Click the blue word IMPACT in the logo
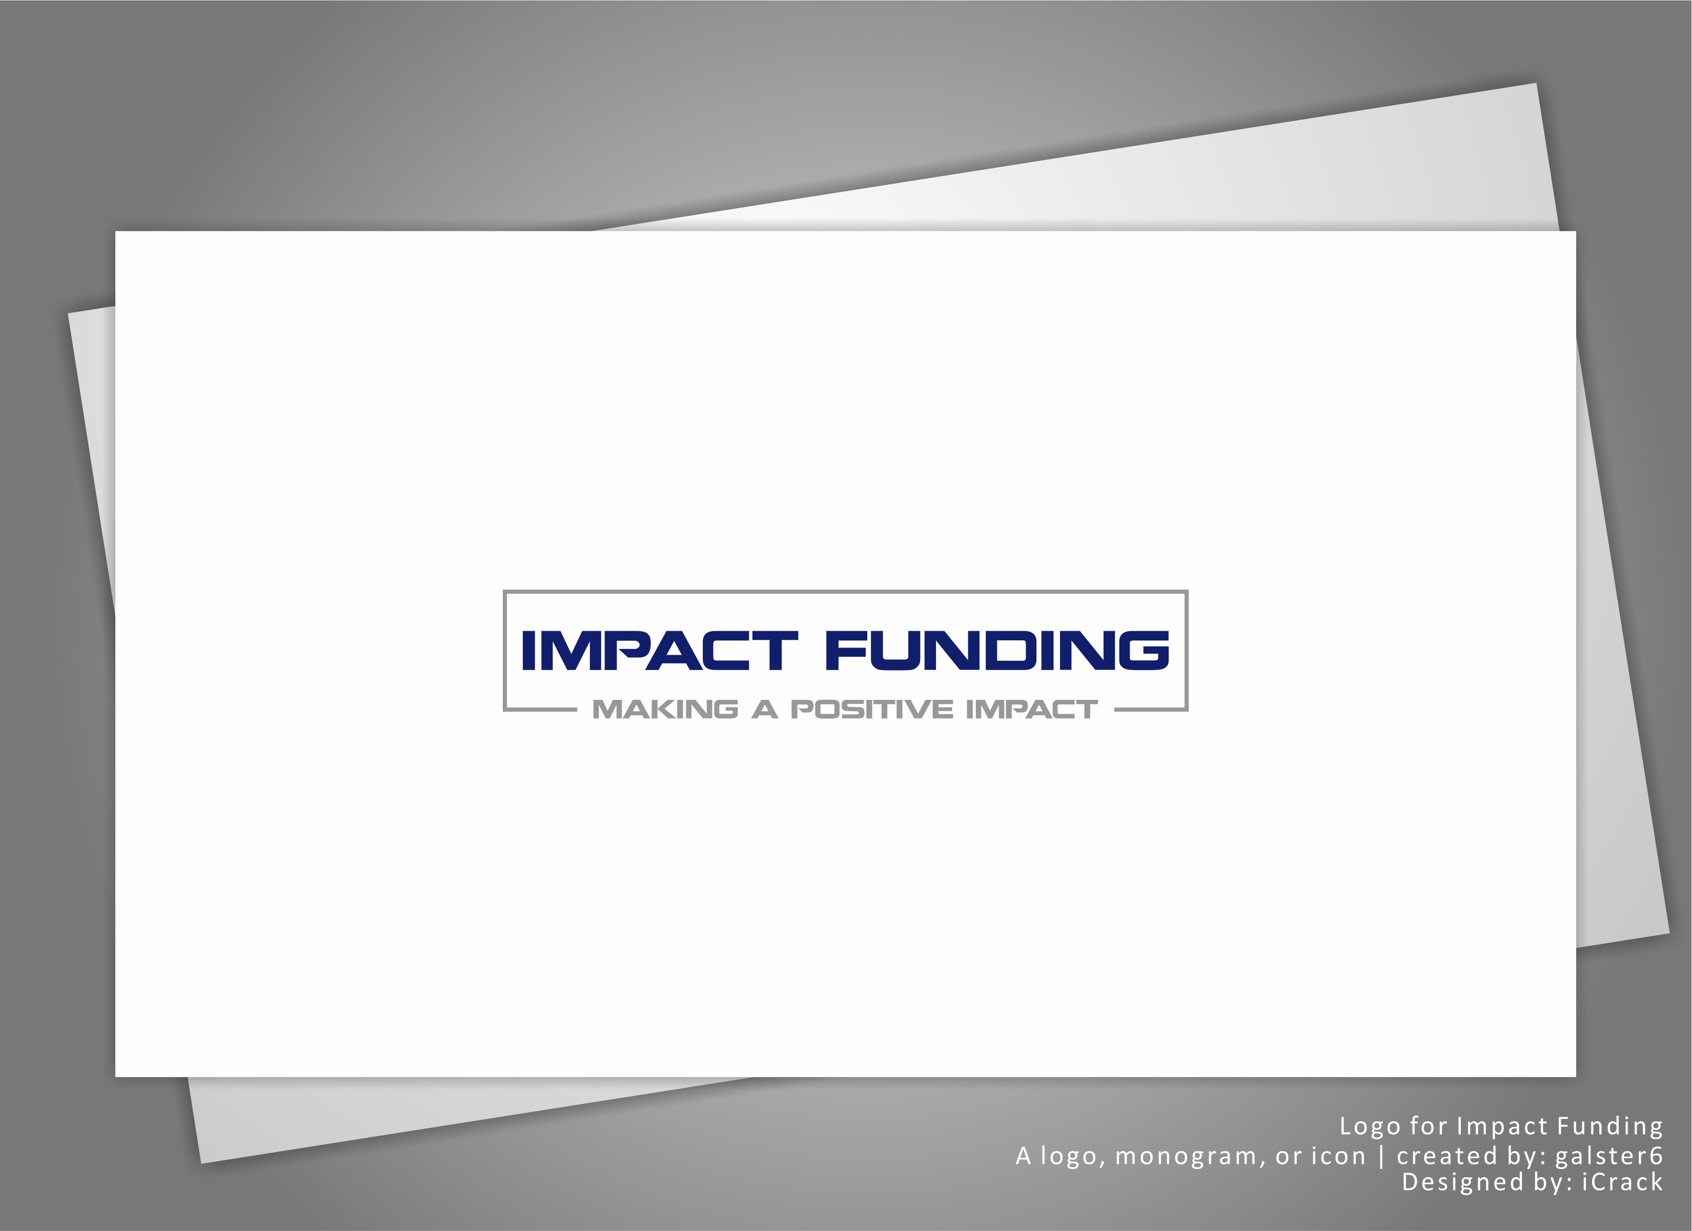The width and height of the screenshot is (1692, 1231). click(x=660, y=651)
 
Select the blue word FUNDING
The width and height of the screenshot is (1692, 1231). click(x=997, y=651)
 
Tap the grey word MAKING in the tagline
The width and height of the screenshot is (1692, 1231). click(x=665, y=710)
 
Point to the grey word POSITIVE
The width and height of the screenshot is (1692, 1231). click(x=871, y=710)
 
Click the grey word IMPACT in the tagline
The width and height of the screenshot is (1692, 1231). click(x=1032, y=710)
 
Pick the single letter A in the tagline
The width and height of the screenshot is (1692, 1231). click(x=765, y=710)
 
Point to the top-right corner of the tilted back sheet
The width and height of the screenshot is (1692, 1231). click(x=1536, y=84)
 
